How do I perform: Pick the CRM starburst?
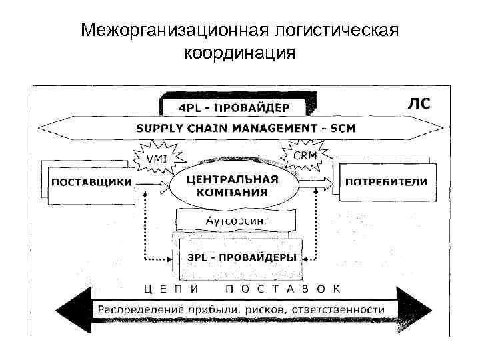point(305,155)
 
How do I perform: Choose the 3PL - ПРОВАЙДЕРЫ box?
point(241,257)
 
